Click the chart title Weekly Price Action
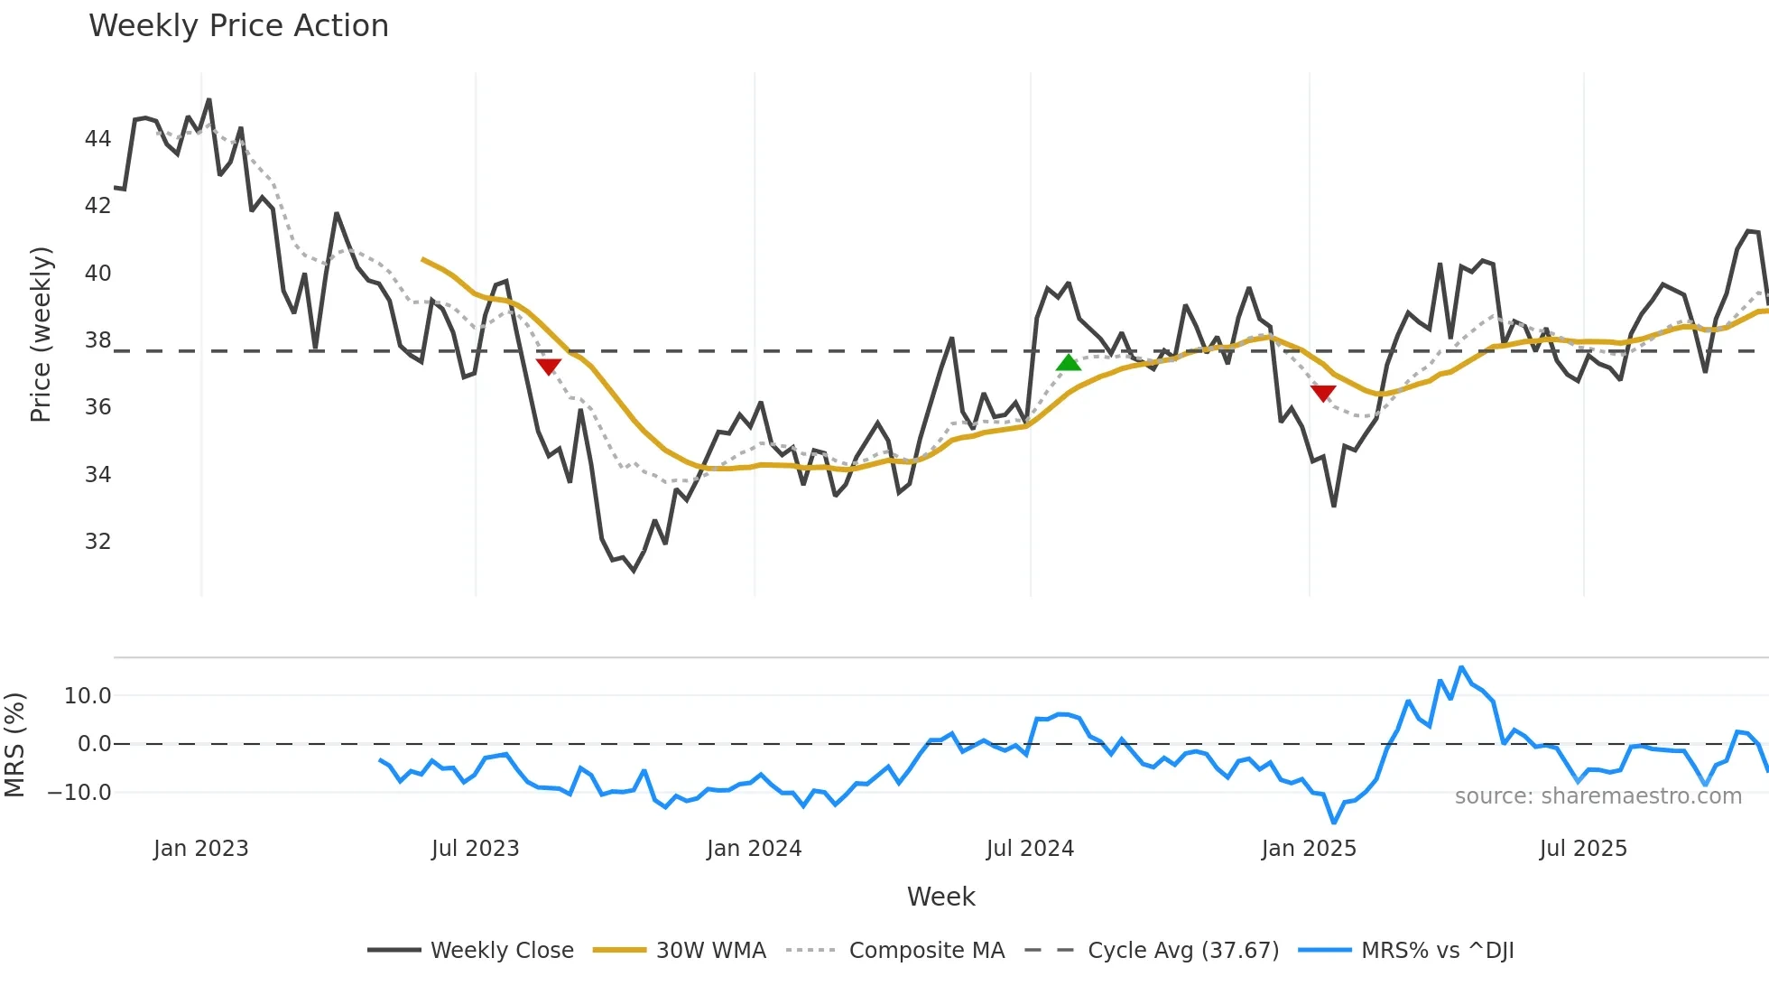click(238, 26)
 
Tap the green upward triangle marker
click(1069, 363)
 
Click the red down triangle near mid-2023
click(549, 366)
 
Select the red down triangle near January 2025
click(1323, 393)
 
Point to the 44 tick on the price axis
click(97, 139)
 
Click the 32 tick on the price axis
click(97, 542)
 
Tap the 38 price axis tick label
click(97, 340)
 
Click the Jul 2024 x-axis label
click(1030, 849)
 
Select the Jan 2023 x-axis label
click(200, 849)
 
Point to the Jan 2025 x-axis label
click(1309, 849)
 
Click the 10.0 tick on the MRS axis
click(88, 696)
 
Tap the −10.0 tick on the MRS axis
click(79, 793)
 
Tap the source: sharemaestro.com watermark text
click(1598, 796)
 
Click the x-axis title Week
click(940, 897)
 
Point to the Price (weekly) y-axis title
click(41, 334)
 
